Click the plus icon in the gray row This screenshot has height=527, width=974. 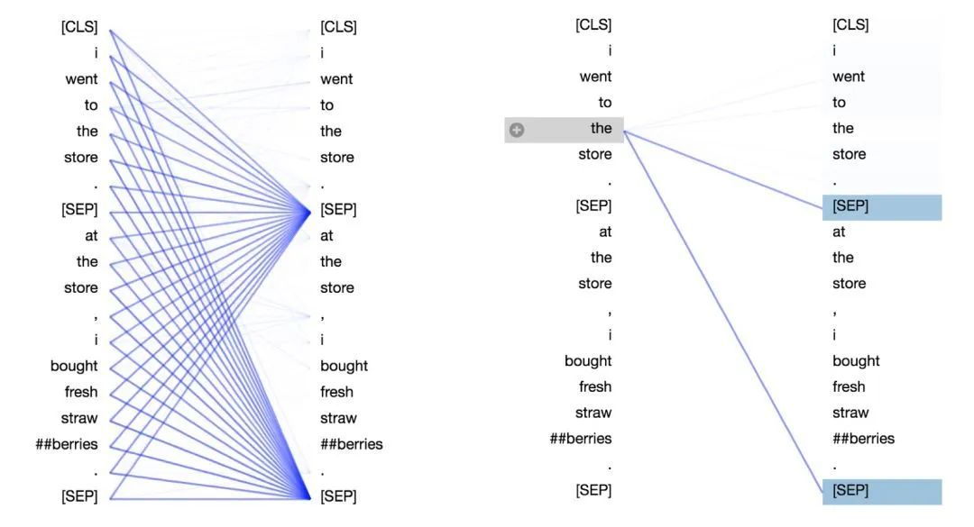[x=516, y=130]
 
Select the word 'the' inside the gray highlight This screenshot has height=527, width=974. [x=601, y=129]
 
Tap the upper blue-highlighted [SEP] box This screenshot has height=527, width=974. [x=881, y=207]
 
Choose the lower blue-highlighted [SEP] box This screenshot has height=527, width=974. [x=881, y=492]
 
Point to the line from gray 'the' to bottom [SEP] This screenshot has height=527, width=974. [x=723, y=312]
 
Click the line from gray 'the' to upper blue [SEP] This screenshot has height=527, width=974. [x=723, y=169]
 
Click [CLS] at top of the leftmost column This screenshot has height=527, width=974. [x=78, y=27]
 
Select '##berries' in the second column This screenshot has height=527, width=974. [x=351, y=444]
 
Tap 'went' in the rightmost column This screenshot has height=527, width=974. [x=849, y=77]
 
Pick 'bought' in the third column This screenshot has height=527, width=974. [x=588, y=361]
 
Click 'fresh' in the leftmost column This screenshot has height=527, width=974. [x=81, y=392]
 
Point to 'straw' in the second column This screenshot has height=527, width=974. [x=338, y=418]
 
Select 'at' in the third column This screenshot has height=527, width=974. [x=605, y=232]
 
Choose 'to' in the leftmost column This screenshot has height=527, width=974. [x=91, y=105]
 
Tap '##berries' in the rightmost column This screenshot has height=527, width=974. [x=863, y=439]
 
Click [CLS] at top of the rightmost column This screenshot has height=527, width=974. [x=850, y=25]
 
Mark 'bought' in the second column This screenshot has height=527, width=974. [x=344, y=367]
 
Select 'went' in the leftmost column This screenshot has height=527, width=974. [x=81, y=79]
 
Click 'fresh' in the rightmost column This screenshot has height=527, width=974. [x=849, y=386]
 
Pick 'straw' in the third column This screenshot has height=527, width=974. [x=593, y=413]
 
